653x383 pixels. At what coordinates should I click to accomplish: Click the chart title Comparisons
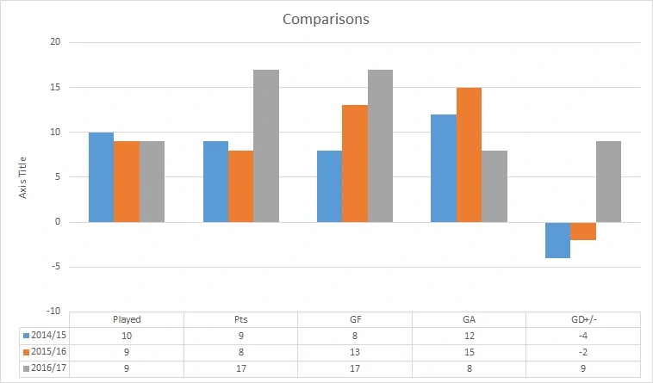(326, 19)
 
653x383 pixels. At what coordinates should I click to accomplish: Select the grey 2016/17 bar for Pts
(266, 145)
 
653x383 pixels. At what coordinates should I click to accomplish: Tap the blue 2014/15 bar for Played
(101, 177)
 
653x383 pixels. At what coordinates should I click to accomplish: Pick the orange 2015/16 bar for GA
(470, 155)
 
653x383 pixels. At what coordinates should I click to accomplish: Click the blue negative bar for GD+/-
(557, 240)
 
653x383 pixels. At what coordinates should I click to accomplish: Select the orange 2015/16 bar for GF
(354, 164)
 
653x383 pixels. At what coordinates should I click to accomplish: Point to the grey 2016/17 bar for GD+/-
(607, 182)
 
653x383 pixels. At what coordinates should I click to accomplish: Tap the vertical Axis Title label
(24, 177)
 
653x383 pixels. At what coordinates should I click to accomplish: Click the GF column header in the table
(354, 319)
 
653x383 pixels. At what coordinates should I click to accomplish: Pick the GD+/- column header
(583, 319)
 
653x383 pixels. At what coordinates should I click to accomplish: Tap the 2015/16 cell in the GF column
(354, 351)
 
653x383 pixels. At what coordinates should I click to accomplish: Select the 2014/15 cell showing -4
(583, 335)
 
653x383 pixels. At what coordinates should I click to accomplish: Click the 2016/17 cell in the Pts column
(240, 368)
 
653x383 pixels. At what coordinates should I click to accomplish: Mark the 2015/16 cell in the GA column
(470, 351)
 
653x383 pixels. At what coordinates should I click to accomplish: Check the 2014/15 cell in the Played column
(127, 335)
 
